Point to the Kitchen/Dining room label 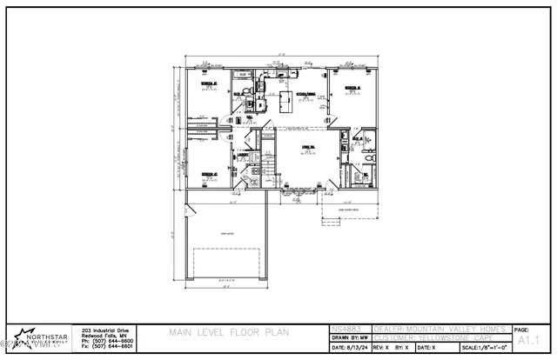[x=306, y=94]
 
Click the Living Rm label [x=307, y=147]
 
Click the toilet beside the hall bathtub [x=250, y=91]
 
